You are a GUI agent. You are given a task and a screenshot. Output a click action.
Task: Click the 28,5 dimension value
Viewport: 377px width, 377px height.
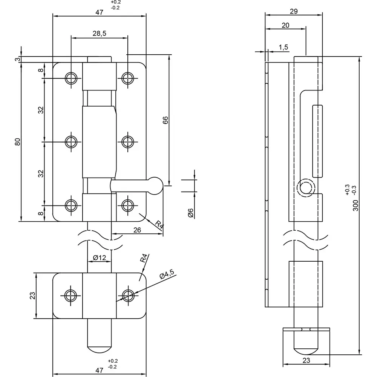click(x=99, y=34)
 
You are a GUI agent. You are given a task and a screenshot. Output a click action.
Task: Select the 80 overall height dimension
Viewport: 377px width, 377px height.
click(x=17, y=142)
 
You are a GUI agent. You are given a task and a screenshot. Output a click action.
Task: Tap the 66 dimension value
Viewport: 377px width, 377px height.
click(x=165, y=120)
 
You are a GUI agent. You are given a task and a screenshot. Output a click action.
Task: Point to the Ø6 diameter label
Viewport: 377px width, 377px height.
click(x=191, y=213)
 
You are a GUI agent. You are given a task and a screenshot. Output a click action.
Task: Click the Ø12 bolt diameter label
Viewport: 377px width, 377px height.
click(x=100, y=258)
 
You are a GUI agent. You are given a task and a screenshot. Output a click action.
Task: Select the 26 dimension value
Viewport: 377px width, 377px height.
click(x=137, y=230)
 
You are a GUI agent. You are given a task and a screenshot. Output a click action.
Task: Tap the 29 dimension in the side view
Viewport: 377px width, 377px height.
click(x=294, y=11)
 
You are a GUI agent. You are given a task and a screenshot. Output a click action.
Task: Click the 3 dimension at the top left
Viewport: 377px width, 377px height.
click(x=17, y=60)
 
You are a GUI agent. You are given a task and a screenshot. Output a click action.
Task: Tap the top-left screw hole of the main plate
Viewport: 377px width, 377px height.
click(x=70, y=78)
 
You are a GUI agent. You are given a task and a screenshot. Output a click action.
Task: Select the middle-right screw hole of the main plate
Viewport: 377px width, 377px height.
click(x=127, y=142)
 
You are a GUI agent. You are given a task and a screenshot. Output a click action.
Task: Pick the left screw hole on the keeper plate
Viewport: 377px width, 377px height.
click(x=70, y=295)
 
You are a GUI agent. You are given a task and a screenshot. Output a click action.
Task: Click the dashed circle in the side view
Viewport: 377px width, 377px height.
click(x=305, y=188)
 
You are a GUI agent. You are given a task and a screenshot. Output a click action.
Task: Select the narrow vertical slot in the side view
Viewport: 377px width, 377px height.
click(x=317, y=141)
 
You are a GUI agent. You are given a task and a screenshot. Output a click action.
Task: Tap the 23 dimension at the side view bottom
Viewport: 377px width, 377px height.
click(x=306, y=360)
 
